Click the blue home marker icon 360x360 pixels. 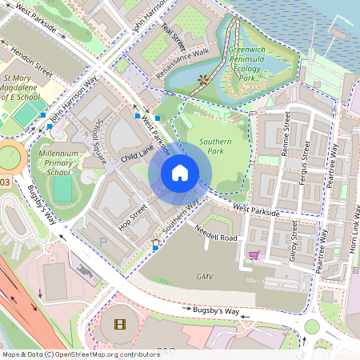coord(180,173)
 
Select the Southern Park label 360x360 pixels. coord(216,146)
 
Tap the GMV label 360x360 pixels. coord(206,276)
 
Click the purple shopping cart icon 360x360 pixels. coord(254,256)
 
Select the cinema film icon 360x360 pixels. coord(120,324)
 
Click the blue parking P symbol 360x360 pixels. coord(102,239)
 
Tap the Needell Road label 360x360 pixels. coord(216,233)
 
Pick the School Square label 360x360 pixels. coord(99,142)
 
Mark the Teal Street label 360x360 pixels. coord(173,37)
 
